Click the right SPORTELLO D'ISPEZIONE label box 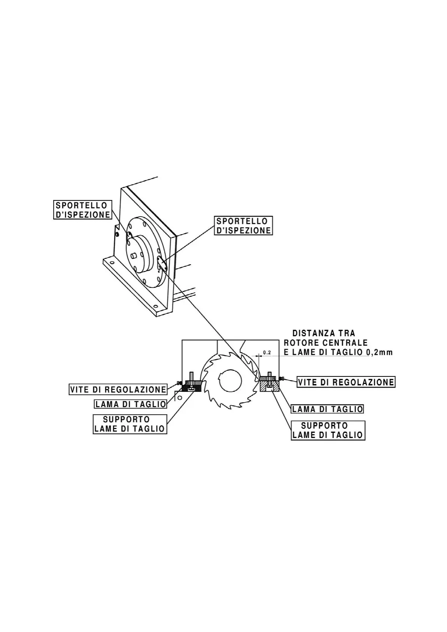click(244, 226)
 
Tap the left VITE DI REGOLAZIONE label click(118, 390)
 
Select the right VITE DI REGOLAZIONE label click(346, 382)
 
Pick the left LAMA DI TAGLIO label click(130, 404)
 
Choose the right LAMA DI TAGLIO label click(327, 409)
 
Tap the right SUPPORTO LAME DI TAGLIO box click(328, 430)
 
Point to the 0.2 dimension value click(267, 353)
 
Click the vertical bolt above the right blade click(269, 376)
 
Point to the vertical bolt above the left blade click(192, 377)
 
